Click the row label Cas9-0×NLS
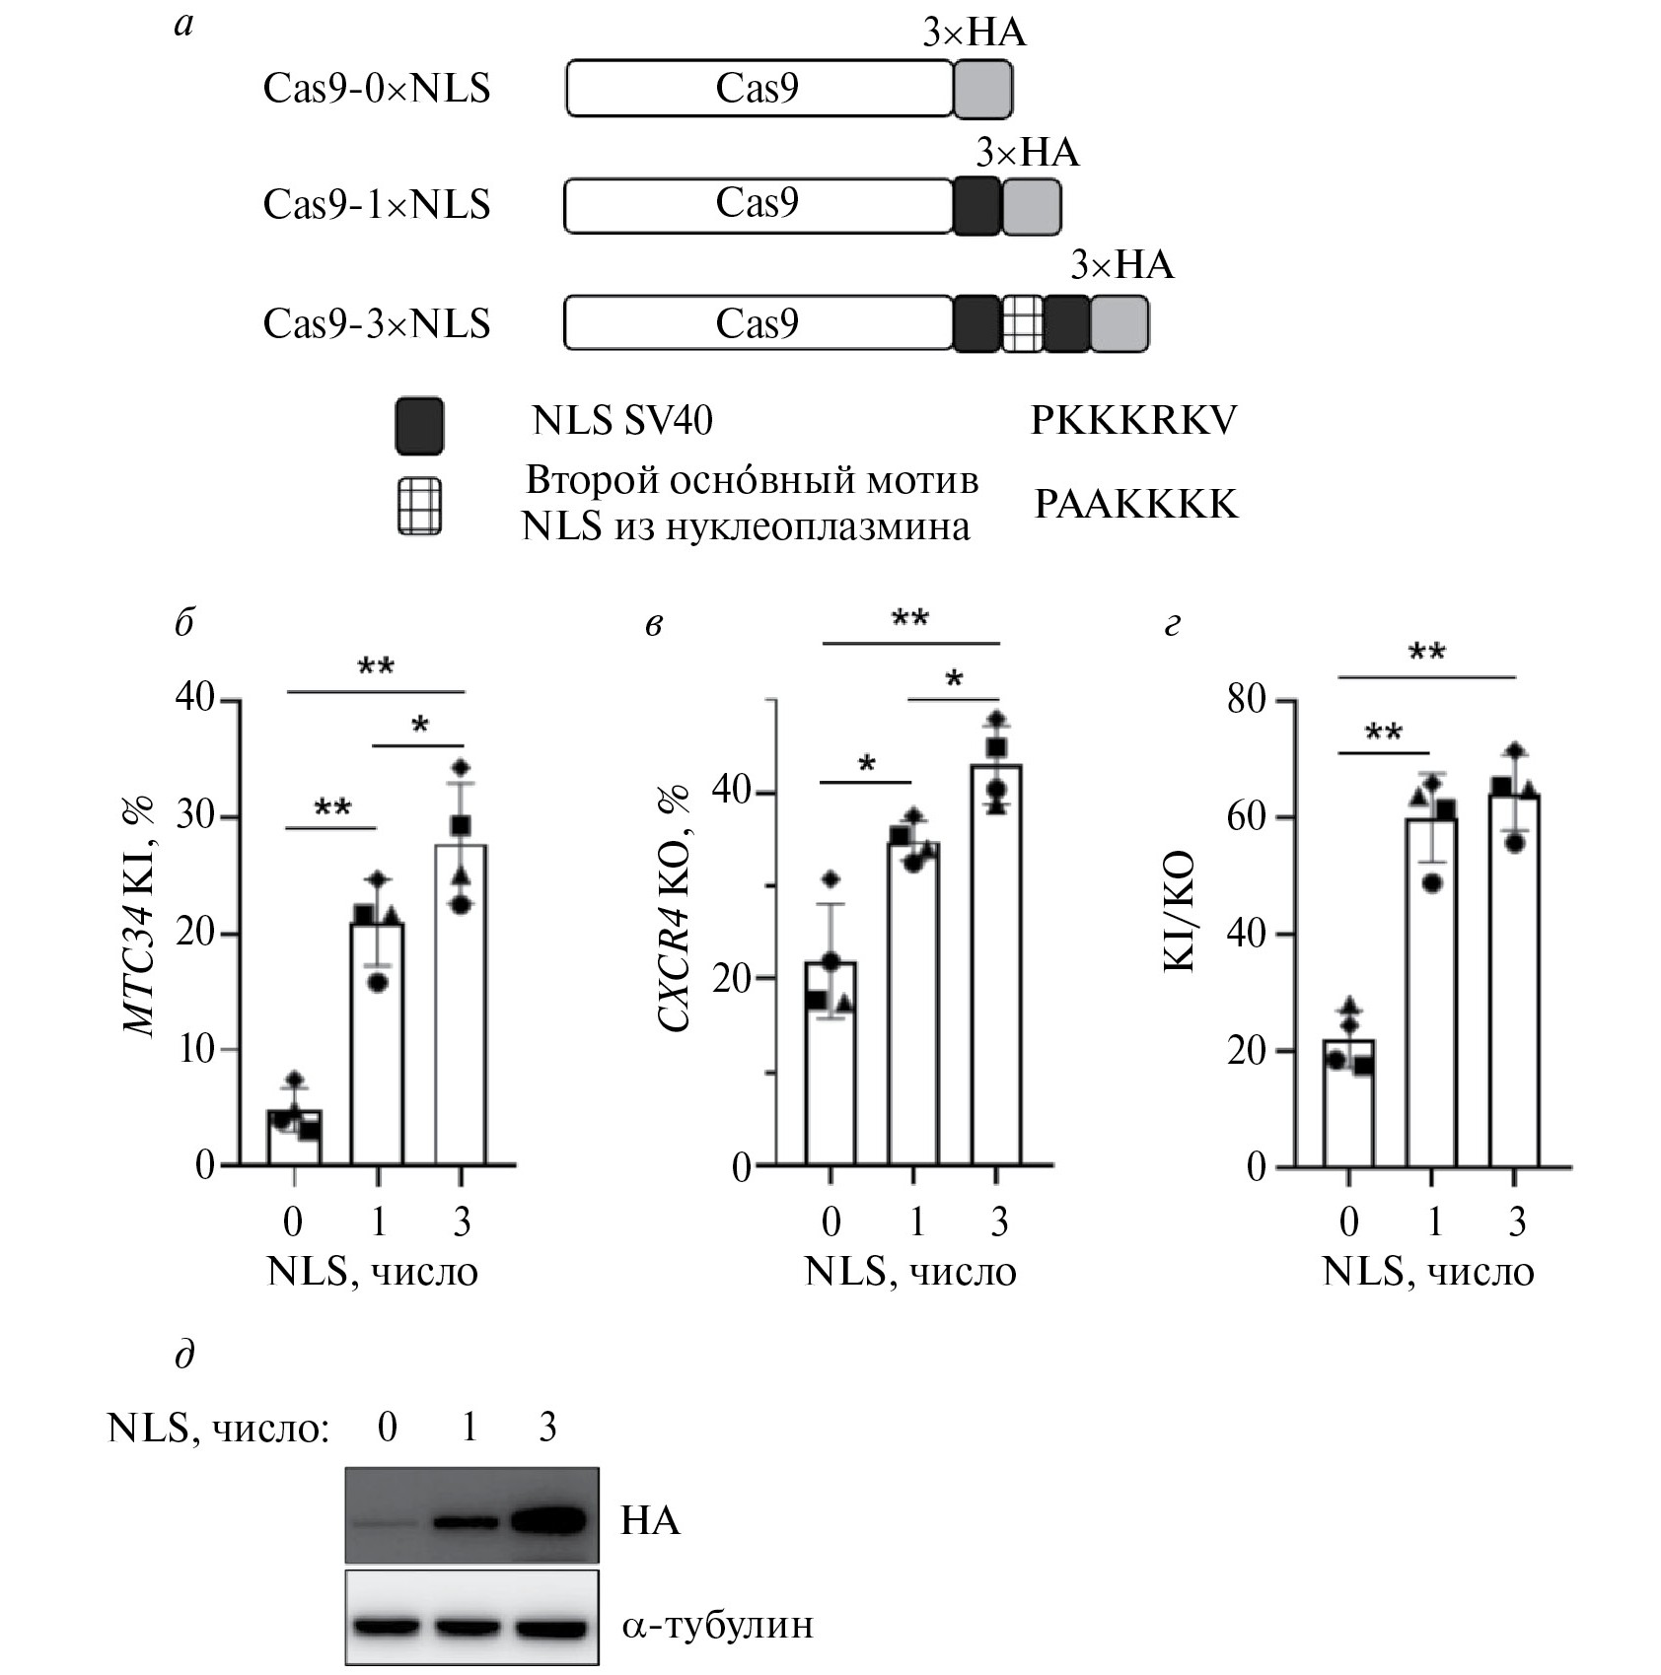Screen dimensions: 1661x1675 [x=377, y=89]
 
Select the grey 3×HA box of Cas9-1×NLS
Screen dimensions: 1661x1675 [x=1032, y=206]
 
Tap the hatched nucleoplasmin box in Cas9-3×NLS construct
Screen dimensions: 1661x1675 [x=1023, y=323]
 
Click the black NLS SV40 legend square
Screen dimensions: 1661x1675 [x=419, y=426]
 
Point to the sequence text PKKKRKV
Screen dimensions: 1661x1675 [x=1133, y=421]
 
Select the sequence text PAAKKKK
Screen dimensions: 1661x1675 [x=1135, y=505]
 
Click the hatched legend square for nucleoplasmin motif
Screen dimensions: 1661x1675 [x=419, y=507]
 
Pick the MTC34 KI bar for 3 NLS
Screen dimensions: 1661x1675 [x=461, y=1005]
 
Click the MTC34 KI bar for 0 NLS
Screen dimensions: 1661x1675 [x=294, y=1138]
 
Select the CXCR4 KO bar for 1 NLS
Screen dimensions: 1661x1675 [x=913, y=1004]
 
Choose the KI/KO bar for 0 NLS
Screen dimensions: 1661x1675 [x=1349, y=1102]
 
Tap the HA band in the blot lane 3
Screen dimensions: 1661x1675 [x=548, y=1520]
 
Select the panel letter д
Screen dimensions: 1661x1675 [x=184, y=1356]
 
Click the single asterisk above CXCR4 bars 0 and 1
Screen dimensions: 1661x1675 [x=867, y=765]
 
